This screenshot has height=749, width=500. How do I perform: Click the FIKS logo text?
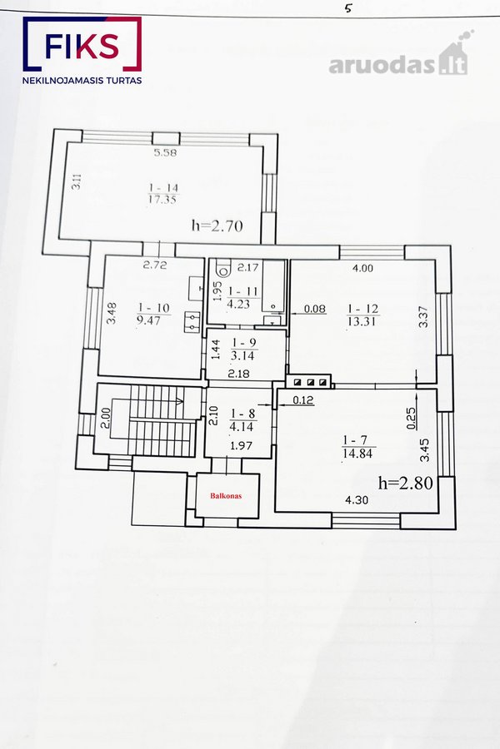click(82, 47)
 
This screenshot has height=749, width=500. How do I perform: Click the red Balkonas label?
click(227, 496)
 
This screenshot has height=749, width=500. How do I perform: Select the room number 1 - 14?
click(163, 188)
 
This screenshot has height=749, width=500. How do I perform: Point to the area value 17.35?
click(162, 200)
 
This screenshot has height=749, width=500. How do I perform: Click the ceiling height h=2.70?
click(217, 225)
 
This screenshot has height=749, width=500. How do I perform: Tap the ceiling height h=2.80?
click(406, 483)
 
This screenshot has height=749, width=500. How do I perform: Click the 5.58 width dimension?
click(165, 153)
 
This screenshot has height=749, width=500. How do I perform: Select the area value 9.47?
click(148, 320)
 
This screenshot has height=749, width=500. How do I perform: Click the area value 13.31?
click(362, 321)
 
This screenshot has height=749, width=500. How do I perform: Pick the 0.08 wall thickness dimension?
click(315, 309)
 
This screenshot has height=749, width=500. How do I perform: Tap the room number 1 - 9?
click(243, 343)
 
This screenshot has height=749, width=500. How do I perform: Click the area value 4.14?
click(242, 427)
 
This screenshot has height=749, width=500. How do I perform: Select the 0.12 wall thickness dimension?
click(302, 400)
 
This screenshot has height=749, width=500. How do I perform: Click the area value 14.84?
click(357, 453)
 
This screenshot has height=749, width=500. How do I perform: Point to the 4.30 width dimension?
click(357, 500)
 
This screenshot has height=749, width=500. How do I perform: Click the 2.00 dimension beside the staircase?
click(106, 417)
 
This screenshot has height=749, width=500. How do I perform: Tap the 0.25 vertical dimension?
click(412, 418)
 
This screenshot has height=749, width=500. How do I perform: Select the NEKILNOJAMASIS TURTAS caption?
click(82, 80)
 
